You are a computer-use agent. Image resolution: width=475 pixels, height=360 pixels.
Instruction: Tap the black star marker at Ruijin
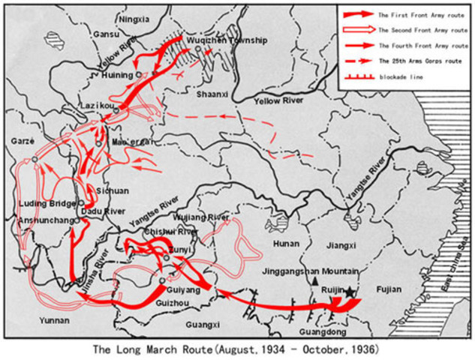350,290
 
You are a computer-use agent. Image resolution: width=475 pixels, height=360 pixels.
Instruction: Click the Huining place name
117,75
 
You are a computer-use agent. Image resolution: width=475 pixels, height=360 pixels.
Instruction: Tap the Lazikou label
98,107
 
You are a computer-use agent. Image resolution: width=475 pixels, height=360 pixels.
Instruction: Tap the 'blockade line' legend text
399,77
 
